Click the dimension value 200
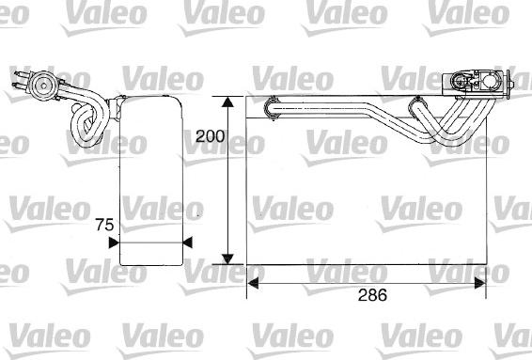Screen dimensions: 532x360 pos(210,136)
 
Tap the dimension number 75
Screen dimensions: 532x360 pos(104,225)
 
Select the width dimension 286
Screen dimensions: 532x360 pos(372,295)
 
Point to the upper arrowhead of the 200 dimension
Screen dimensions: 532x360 pos(227,102)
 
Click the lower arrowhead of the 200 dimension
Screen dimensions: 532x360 pos(227,258)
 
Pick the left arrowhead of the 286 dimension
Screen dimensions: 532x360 pos(253,283)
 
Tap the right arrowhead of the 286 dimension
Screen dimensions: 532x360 pos(480,283)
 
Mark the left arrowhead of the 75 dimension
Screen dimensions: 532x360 pos(114,243)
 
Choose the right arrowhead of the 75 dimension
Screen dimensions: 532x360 pos(188,243)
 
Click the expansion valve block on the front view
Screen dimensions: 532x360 pos(477,83)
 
